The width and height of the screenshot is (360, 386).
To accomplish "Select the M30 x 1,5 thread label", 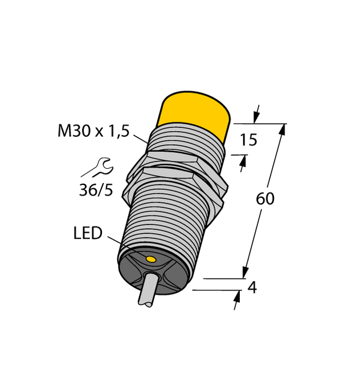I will (94, 132).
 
